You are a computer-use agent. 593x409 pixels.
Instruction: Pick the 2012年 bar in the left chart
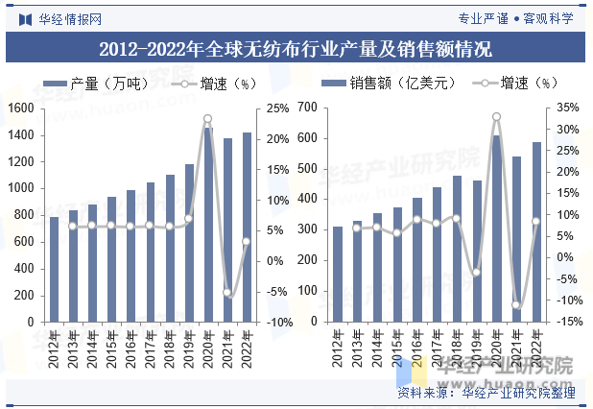[54, 270]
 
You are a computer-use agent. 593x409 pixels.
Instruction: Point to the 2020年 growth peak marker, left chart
[207, 119]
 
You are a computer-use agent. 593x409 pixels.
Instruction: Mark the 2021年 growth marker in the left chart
[227, 292]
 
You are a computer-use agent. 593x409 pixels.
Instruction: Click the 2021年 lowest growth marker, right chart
[516, 305]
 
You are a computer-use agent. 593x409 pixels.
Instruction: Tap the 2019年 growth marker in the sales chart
[476, 273]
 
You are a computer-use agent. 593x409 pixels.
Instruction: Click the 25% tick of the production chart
[276, 108]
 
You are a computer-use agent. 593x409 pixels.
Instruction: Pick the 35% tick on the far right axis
[567, 108]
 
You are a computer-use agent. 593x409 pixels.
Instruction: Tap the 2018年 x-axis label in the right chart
[456, 348]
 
